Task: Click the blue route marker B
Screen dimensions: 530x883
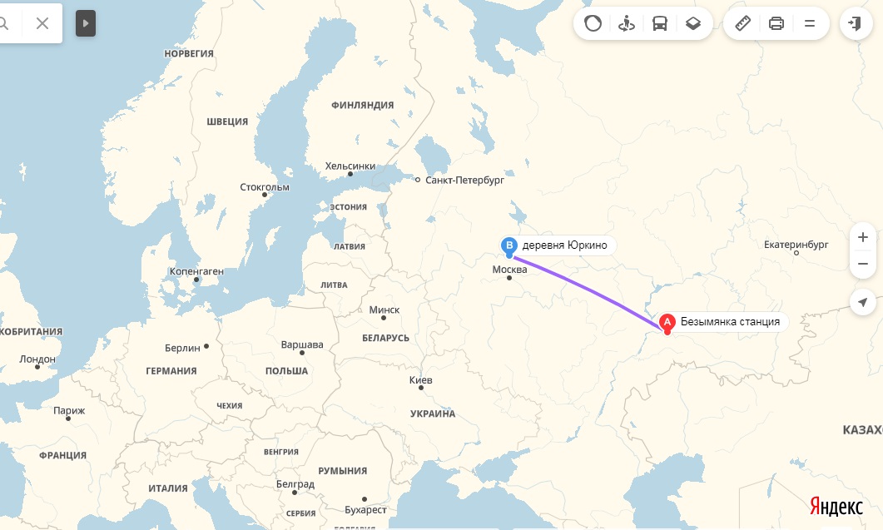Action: pyautogui.click(x=509, y=245)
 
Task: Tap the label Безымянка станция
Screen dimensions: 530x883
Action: pyautogui.click(x=730, y=322)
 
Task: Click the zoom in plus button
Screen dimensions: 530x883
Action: pyautogui.click(x=862, y=237)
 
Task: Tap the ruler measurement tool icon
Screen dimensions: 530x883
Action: pyautogui.click(x=743, y=23)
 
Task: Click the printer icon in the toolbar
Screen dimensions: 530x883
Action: pyautogui.click(x=776, y=23)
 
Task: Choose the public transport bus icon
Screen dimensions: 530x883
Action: pyautogui.click(x=660, y=23)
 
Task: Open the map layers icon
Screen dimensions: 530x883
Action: pyautogui.click(x=693, y=23)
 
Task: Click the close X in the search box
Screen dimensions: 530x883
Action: pyautogui.click(x=42, y=23)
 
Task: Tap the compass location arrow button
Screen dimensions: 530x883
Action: pyautogui.click(x=862, y=302)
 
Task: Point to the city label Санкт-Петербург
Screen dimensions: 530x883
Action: pyautogui.click(x=464, y=180)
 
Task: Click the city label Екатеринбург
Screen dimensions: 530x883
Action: pyautogui.click(x=796, y=245)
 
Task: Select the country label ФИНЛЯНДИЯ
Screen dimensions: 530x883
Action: pyautogui.click(x=362, y=105)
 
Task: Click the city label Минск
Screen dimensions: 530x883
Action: pyautogui.click(x=384, y=310)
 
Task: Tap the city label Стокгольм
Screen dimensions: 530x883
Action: pyautogui.click(x=265, y=187)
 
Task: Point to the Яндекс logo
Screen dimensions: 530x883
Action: pyautogui.click(x=836, y=507)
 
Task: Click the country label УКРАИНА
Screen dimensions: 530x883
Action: pyautogui.click(x=433, y=414)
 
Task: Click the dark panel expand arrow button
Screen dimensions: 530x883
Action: pyautogui.click(x=86, y=23)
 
